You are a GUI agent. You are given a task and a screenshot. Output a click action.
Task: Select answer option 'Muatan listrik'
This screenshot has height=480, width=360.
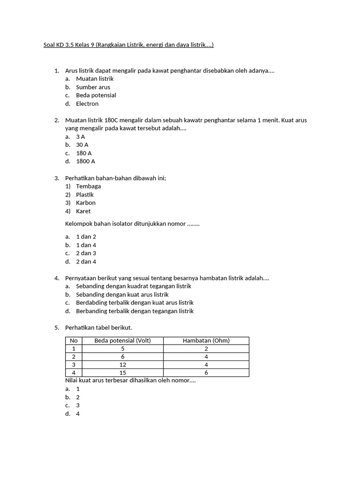point(95,79)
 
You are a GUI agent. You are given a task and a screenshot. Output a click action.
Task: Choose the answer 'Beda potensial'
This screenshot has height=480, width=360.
point(96,95)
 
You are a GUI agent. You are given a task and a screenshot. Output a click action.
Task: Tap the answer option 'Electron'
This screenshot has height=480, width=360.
point(87,104)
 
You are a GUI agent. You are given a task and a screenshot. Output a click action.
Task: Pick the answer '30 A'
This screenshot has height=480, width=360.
point(82,145)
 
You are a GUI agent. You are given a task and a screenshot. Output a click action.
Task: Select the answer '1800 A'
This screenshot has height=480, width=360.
point(85,161)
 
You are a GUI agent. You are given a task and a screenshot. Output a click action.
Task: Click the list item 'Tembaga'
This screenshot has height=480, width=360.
point(88,186)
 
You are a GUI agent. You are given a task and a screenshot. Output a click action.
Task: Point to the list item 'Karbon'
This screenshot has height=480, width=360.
point(86,202)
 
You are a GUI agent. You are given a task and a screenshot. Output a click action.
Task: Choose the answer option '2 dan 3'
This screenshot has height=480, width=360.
point(86,253)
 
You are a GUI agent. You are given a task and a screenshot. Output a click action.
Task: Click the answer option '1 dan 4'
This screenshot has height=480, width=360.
point(86,245)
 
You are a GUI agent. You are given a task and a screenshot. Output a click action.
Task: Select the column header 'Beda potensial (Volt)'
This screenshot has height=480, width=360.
point(123,341)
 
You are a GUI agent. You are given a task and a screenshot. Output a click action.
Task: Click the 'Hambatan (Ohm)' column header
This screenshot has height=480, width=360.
point(206,341)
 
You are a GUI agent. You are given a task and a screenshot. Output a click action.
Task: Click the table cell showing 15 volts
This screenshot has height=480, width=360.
point(123,373)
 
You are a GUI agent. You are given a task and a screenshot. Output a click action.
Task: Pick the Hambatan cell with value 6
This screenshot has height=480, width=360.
point(206,373)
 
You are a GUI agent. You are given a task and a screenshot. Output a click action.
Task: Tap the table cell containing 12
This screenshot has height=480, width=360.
point(123,365)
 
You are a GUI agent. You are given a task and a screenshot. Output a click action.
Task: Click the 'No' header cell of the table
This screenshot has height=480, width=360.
point(74,341)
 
